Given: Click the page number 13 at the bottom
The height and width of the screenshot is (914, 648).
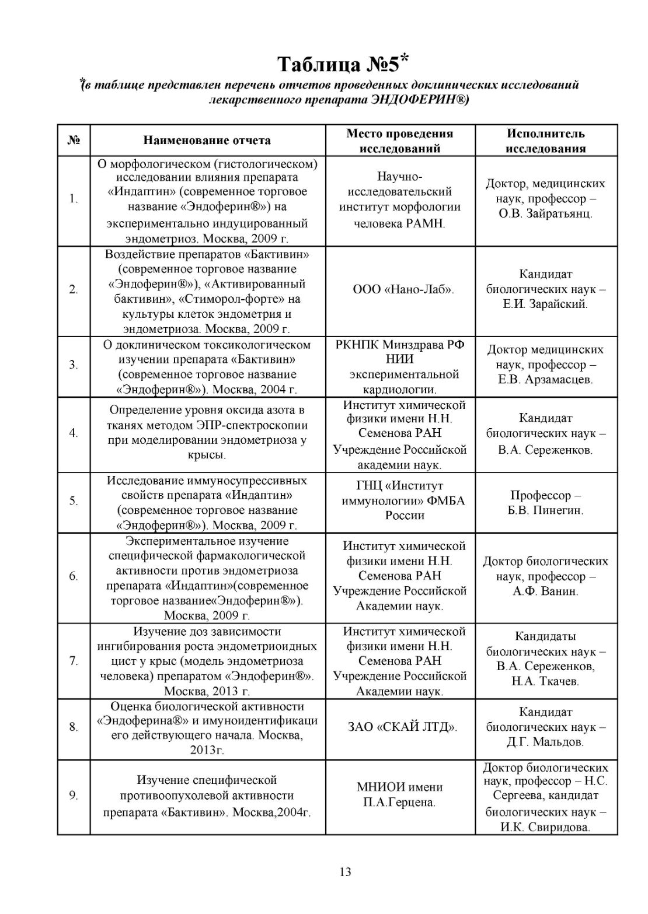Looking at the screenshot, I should point(345,872).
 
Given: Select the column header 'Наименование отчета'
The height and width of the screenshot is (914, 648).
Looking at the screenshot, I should point(207,140).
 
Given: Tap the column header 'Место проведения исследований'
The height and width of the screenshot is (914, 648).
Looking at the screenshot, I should point(399,141).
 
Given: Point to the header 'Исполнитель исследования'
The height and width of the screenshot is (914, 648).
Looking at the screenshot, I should point(545,141).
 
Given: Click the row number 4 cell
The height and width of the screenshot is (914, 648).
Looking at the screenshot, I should point(74,433).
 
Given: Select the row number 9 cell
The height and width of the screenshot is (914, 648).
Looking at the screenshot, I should point(74,796).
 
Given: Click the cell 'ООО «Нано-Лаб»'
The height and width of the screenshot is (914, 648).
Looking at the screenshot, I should point(403,289).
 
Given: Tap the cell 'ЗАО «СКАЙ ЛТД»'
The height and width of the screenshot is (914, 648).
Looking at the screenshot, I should point(403,727).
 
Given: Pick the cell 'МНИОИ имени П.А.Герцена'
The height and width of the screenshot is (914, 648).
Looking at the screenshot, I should point(399,794).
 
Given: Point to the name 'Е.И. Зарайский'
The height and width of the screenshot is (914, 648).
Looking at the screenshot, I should point(545,304).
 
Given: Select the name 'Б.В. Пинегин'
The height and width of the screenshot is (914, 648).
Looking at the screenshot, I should point(545,510).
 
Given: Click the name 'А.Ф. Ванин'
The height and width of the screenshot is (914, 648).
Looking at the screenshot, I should point(545,591).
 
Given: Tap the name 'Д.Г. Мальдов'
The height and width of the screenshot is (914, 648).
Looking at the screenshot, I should point(545,742).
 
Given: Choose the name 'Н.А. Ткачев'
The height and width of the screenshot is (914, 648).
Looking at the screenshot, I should point(545,681).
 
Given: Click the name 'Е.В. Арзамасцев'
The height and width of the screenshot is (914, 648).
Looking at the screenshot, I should point(545,380).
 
